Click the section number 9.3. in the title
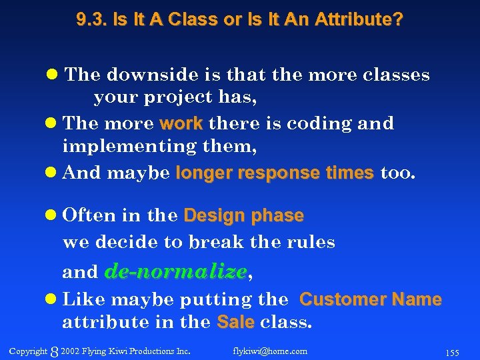pos(91,20)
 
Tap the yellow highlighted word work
pos(181,123)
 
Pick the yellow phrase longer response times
pos(274,173)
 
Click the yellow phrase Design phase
pos(243,216)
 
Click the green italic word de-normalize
pos(176,271)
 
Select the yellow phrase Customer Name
pos(371,299)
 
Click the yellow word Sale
pos(236,323)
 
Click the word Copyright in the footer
pos(28,351)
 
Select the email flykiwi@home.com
pos(270,351)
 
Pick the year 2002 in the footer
pos(69,351)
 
